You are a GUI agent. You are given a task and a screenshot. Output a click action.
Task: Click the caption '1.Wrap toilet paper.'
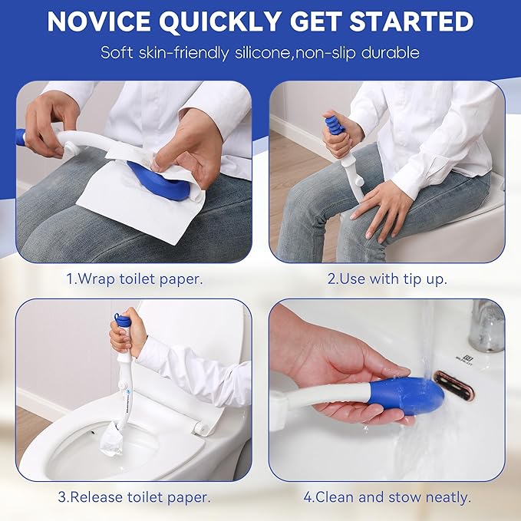134,279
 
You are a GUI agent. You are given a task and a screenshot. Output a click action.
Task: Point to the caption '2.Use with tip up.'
386,279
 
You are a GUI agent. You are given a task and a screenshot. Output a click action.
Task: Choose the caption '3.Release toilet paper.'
134,497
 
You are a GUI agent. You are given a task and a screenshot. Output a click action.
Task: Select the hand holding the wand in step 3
124,338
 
